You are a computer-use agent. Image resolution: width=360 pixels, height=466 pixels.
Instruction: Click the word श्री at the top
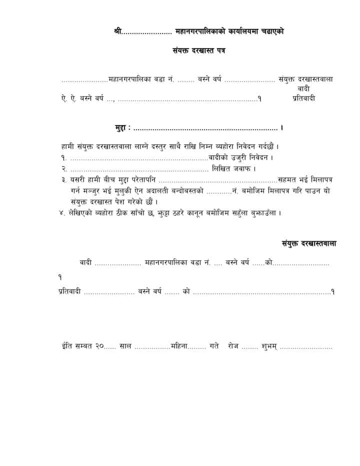click(118, 32)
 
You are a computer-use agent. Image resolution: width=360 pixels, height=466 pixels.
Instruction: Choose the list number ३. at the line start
click(64, 180)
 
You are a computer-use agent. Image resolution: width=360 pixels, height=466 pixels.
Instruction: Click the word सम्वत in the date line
click(80, 346)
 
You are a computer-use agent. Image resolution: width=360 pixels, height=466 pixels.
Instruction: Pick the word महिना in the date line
click(178, 346)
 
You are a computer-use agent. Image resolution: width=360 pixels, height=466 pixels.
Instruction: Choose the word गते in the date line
click(214, 346)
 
